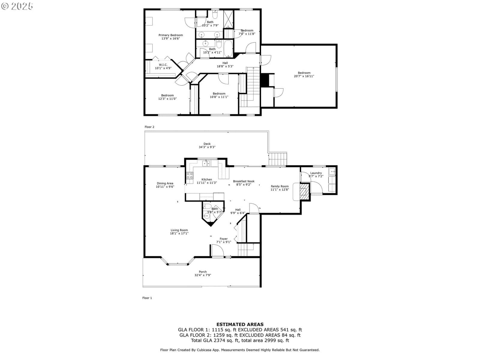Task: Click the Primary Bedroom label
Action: pyautogui.click(x=171, y=35)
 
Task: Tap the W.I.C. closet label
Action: pyautogui.click(x=163, y=65)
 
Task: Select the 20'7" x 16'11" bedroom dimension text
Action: pyautogui.click(x=304, y=76)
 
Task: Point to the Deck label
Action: pyautogui.click(x=207, y=144)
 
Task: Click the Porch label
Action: pyautogui.click(x=203, y=272)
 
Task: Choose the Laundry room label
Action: pyautogui.click(x=316, y=173)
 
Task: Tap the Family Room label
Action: pyautogui.click(x=280, y=186)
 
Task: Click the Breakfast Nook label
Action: pyautogui.click(x=244, y=181)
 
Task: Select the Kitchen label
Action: pyautogui.click(x=207, y=179)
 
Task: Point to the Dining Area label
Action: pyautogui.click(x=165, y=183)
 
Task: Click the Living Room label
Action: pyautogui.click(x=179, y=230)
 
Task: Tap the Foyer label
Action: pyautogui.click(x=224, y=239)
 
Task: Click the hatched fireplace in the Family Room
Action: pyautogui.click(x=304, y=192)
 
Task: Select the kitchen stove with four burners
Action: pyautogui.click(x=190, y=175)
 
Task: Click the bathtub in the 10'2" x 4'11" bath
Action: pyautogui.click(x=228, y=49)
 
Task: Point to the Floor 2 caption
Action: pyautogui.click(x=149, y=127)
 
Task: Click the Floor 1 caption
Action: pyautogui.click(x=147, y=298)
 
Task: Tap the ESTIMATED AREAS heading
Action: pyautogui.click(x=240, y=324)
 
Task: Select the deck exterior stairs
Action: pyautogui.click(x=277, y=159)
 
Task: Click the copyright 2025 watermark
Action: pyautogui.click(x=17, y=6)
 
